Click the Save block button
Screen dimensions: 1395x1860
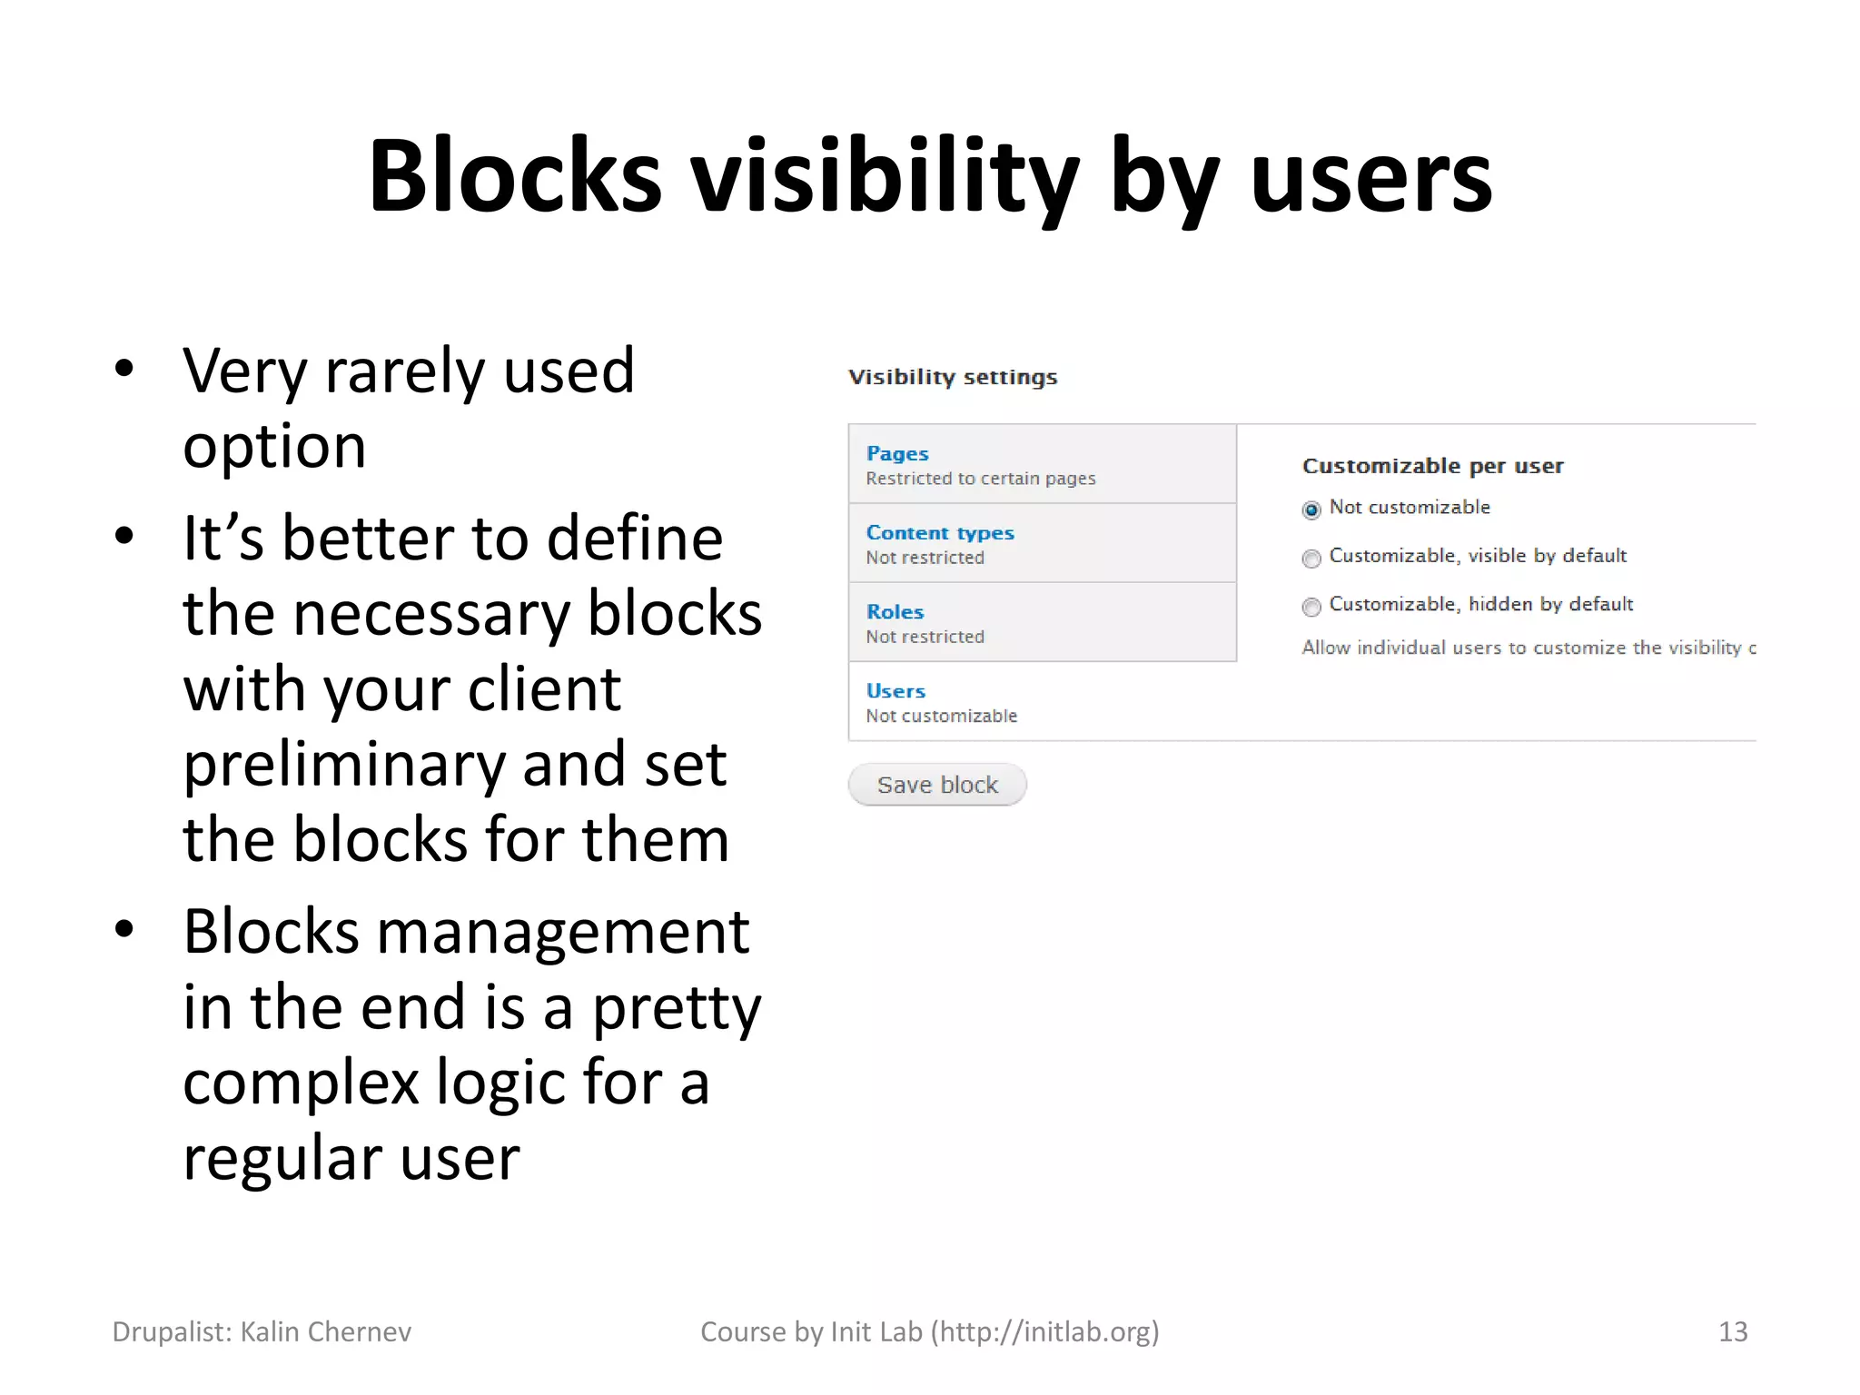point(936,785)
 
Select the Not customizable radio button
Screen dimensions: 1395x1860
point(1311,510)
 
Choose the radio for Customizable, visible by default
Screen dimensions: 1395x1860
point(1311,559)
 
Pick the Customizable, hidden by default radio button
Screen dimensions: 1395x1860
point(1311,607)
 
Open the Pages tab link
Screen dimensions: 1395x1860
point(897,453)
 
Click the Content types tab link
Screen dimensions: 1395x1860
point(940,533)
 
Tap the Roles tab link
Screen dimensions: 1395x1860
point(895,612)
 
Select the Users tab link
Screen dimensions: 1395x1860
point(895,691)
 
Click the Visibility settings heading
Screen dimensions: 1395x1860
point(953,377)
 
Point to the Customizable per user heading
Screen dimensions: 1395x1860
point(1432,466)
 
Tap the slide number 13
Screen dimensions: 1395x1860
point(1732,1331)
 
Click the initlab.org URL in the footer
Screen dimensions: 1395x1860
point(1044,1331)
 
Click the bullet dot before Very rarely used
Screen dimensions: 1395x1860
point(124,369)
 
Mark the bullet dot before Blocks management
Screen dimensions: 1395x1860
point(124,929)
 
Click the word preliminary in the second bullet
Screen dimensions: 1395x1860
point(343,765)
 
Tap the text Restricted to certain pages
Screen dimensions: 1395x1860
point(980,479)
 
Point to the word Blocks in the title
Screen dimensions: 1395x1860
point(514,177)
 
